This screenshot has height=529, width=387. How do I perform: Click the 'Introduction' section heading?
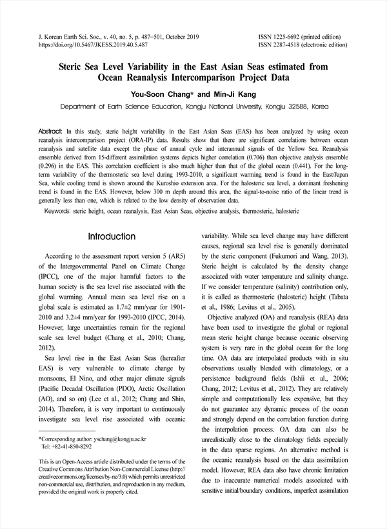112,237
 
